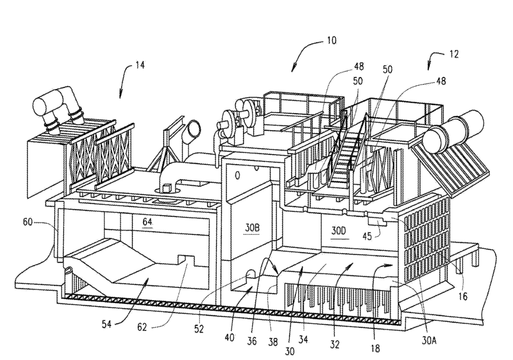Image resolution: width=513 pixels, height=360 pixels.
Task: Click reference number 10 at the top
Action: point(331,41)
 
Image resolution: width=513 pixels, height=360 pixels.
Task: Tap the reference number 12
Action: point(453,54)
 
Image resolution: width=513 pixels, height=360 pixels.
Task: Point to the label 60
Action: point(28,222)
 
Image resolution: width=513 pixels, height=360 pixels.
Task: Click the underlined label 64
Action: point(147,222)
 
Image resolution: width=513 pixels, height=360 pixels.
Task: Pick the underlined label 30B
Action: point(252,228)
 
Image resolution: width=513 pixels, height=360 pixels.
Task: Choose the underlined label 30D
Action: point(338,231)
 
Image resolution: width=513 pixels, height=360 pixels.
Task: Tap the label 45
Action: point(367,236)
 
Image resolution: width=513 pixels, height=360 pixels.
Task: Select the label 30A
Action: point(429,341)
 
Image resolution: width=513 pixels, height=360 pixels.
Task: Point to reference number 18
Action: point(376,348)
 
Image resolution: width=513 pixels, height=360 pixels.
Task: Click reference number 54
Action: point(106,324)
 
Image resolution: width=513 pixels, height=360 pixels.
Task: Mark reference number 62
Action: point(142,327)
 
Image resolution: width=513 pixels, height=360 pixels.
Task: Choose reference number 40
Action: point(229,337)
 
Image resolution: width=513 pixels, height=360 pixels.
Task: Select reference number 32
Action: point(335,344)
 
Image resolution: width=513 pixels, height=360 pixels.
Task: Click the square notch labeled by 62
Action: point(187,260)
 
